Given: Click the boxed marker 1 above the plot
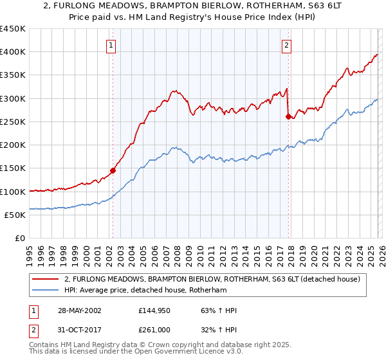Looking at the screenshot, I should pos(112,45).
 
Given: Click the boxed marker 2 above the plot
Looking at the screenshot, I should pos(286,45).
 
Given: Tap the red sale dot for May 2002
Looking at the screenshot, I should pos(113,170).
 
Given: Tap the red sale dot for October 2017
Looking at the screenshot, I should pos(288,116).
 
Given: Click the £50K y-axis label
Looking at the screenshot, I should pos(15,215).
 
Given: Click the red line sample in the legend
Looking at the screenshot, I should pos(45,279).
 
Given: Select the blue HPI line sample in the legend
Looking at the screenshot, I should pos(45,290).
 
